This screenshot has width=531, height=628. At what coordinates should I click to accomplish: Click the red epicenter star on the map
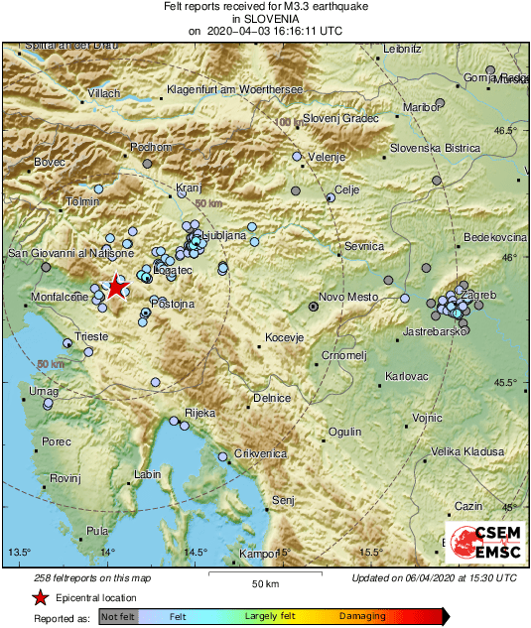coord(116,287)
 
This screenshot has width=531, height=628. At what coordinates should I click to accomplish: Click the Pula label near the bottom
coord(97,531)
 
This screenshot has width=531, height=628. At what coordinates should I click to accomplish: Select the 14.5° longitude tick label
coord(195,552)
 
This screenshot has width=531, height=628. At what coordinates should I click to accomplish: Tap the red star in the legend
coord(40,597)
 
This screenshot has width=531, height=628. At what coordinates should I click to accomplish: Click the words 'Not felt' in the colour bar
coord(118,616)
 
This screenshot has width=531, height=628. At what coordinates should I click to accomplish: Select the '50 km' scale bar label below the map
coord(264,581)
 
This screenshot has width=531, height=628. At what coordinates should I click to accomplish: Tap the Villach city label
coord(104,92)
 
